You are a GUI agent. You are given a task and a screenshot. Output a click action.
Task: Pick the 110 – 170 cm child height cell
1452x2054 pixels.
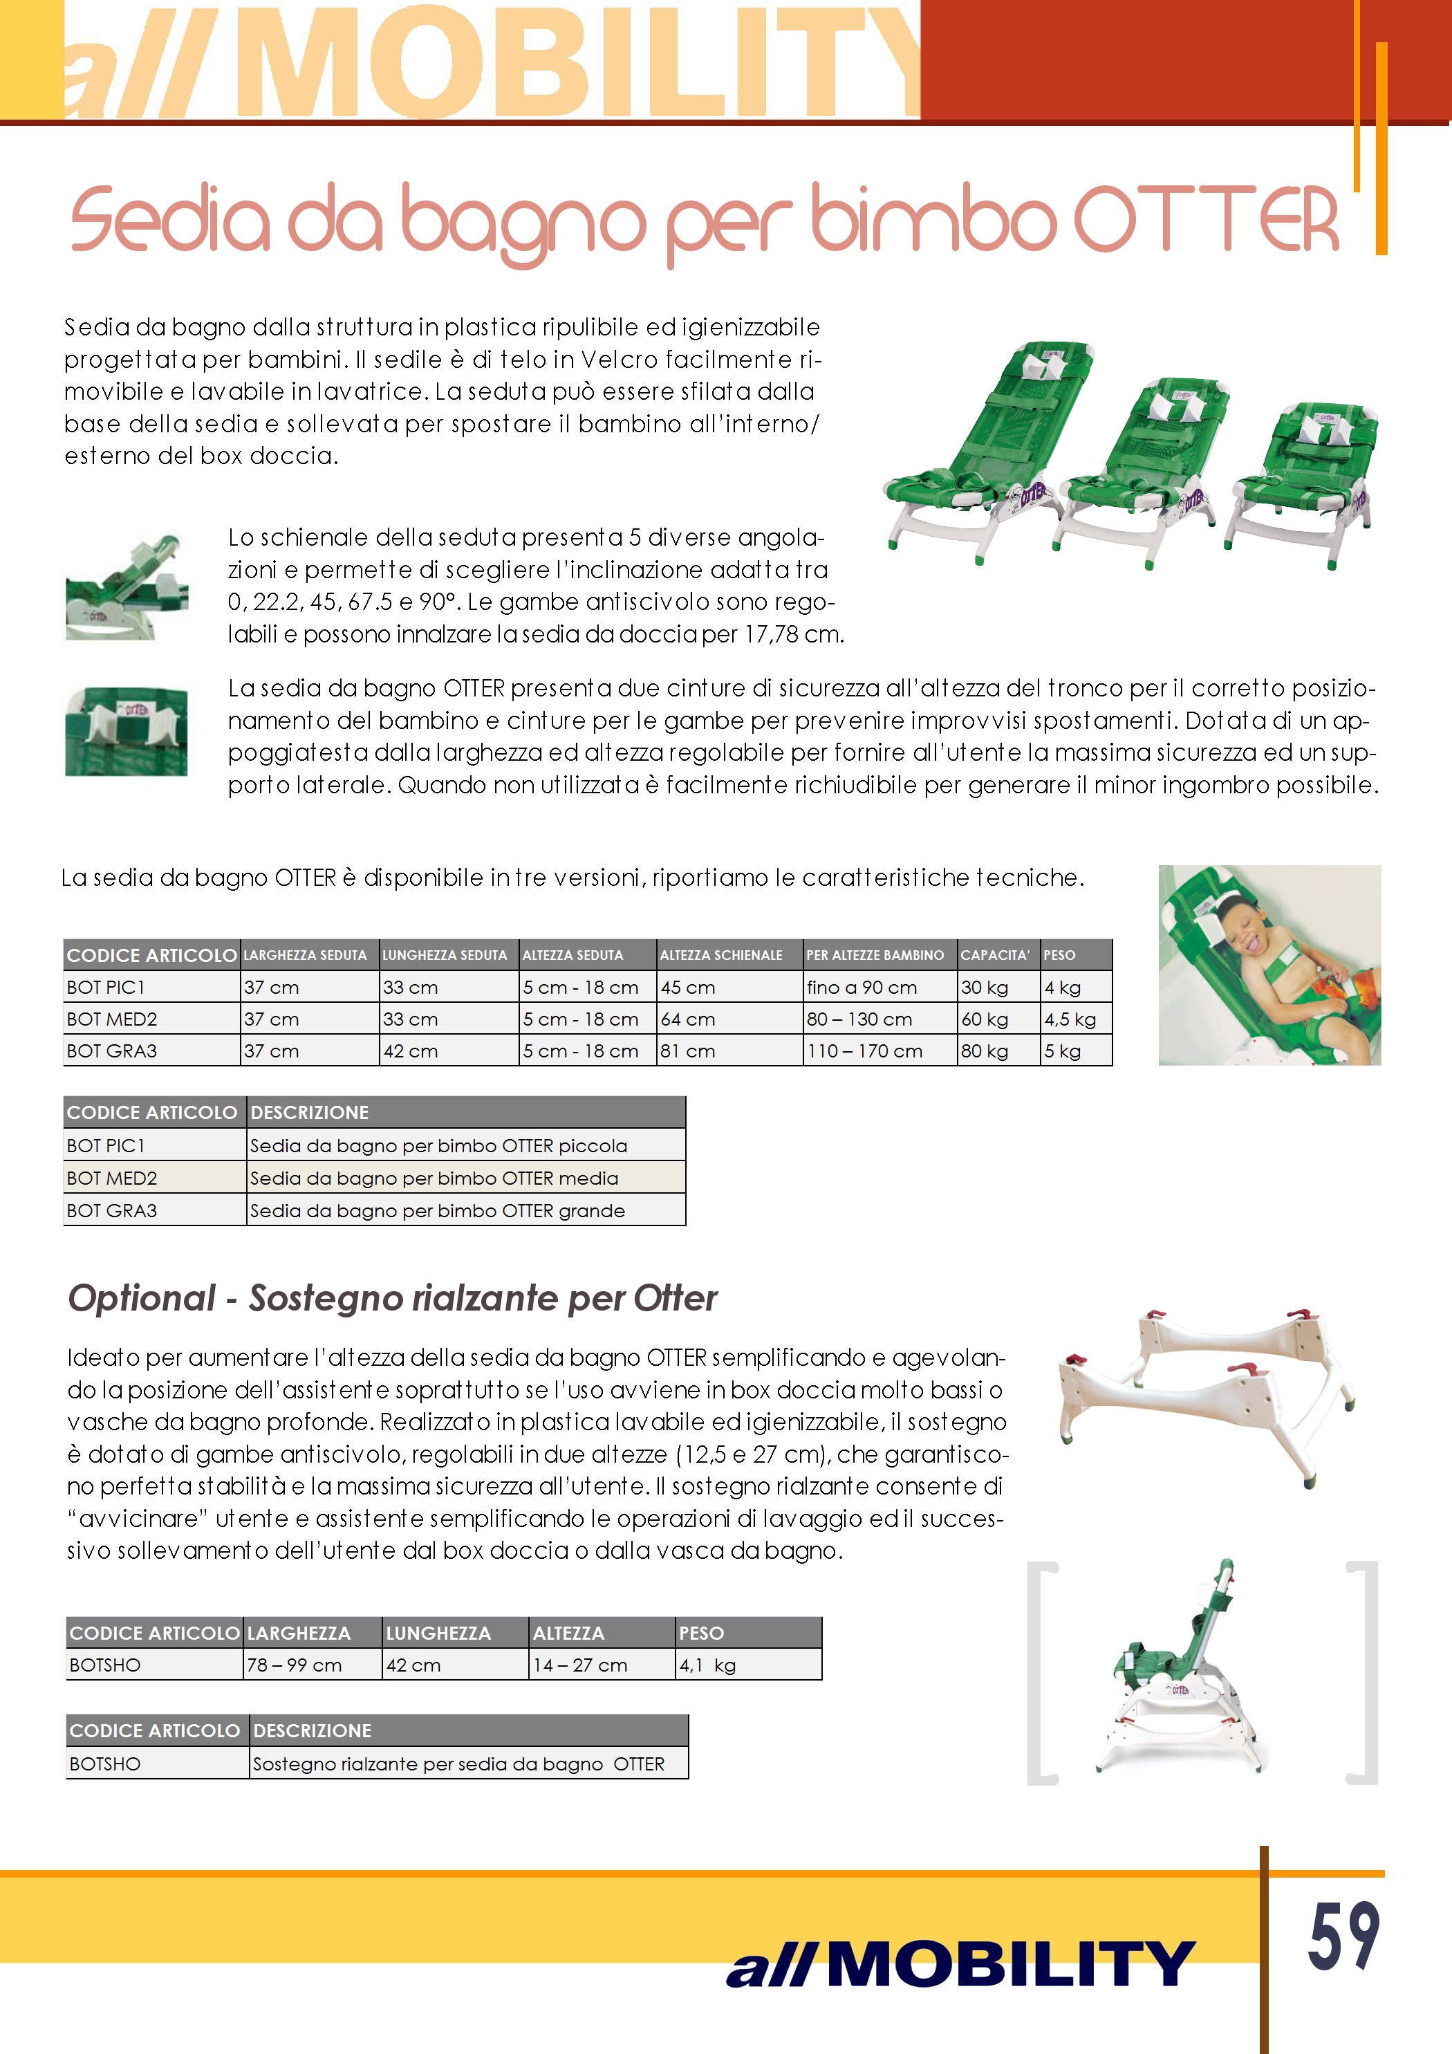click(864, 1051)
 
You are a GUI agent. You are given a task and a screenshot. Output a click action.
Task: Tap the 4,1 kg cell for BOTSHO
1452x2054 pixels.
click(707, 1665)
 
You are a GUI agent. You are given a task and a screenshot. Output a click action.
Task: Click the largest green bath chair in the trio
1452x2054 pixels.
click(966, 447)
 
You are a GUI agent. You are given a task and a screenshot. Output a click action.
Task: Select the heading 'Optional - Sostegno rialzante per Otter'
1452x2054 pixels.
click(392, 1298)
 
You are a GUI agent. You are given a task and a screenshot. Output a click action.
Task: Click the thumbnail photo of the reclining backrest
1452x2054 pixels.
click(127, 586)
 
